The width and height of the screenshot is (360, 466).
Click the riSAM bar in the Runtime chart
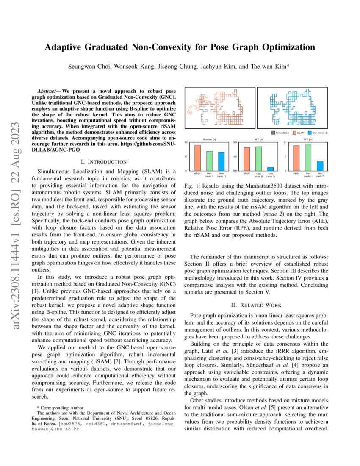pyautogui.click(x=197, y=158)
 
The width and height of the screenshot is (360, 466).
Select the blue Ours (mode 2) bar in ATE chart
pyautogui.click(x=271, y=169)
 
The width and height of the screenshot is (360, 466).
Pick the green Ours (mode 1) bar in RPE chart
pyautogui.click(x=308, y=158)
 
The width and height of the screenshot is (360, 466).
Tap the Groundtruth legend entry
pyautogui.click(x=280, y=133)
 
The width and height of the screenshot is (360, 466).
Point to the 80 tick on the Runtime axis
pyautogui.click(x=186, y=142)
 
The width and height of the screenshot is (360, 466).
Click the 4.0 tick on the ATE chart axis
pyautogui.click(x=235, y=156)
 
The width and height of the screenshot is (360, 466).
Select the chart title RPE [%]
pyautogui.click(x=308, y=139)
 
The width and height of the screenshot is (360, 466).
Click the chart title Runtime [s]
pyautogui.click(x=210, y=139)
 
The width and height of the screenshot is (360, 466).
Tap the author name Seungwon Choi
pyautogui.click(x=86, y=67)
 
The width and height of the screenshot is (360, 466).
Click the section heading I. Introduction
pyautogui.click(x=103, y=162)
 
